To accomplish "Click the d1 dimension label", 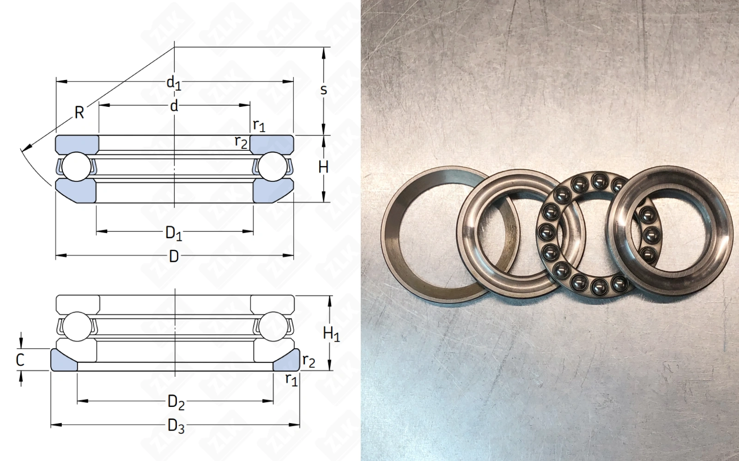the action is point(174,83).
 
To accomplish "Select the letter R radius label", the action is point(79,113).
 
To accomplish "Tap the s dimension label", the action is point(324,90).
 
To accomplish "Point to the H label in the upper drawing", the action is point(323,168).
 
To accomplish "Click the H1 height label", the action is point(331,334).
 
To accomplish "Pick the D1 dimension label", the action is point(174,234).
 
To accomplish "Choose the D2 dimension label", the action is point(176,403).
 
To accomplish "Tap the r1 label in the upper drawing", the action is point(259,126).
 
